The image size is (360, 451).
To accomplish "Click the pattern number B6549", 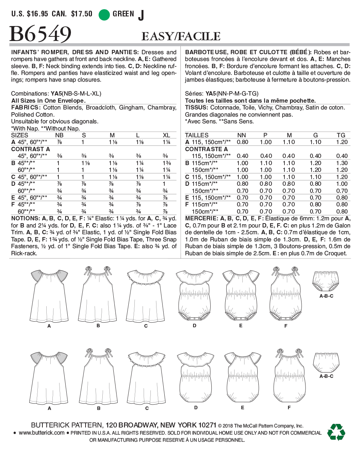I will [x=40, y=35].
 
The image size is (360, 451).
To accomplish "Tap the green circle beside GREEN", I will [x=104, y=15].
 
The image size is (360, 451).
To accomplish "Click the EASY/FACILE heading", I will [x=181, y=36].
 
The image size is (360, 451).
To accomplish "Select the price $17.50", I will [x=82, y=14].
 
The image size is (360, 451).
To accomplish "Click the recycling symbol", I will [x=336, y=432].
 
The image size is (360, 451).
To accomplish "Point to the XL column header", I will [x=166, y=135].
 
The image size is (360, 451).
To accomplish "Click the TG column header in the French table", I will [x=341, y=135].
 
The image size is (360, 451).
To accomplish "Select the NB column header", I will [x=59, y=135].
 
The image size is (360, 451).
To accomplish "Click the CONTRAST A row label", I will [x=31, y=149].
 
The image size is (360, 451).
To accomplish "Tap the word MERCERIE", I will [x=201, y=218].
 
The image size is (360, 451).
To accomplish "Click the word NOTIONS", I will [x=25, y=218].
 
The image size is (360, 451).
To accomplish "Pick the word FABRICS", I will [x=25, y=107].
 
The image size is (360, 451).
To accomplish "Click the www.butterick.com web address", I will [x=42, y=433].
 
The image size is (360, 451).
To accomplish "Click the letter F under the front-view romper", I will [x=286, y=326].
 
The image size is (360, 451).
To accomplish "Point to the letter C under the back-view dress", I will [x=147, y=408].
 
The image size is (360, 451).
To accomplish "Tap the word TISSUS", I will [x=196, y=107].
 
